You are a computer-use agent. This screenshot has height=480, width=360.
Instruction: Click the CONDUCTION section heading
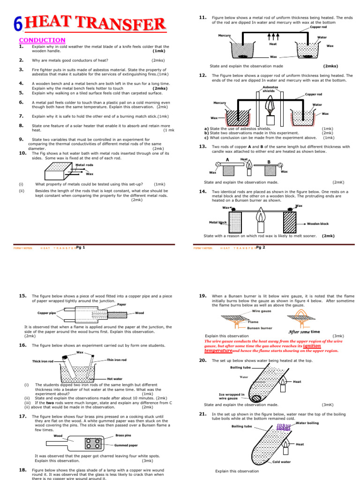click(x=42, y=40)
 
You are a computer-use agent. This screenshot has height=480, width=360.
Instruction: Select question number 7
click(x=21, y=116)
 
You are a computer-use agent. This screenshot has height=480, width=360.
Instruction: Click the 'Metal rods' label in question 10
click(x=84, y=165)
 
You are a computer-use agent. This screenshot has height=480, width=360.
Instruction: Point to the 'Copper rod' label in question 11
click(x=318, y=27)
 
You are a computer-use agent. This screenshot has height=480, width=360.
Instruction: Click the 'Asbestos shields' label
click(x=270, y=89)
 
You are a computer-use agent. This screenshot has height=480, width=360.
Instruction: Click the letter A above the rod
click(x=227, y=160)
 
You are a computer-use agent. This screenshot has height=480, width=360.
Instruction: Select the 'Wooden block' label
click(x=318, y=224)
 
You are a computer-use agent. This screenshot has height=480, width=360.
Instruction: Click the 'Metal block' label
click(x=218, y=223)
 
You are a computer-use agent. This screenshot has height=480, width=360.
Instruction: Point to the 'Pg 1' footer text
click(x=80, y=247)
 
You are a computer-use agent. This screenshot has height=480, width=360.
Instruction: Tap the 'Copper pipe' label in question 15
click(x=47, y=313)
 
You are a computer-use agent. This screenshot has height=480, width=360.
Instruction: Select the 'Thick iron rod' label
click(x=43, y=361)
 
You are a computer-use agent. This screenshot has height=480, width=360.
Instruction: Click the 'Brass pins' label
click(x=123, y=435)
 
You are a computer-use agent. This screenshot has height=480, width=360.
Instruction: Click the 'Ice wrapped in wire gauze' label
click(x=232, y=397)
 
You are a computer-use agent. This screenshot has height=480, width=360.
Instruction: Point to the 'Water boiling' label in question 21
click(x=307, y=423)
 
